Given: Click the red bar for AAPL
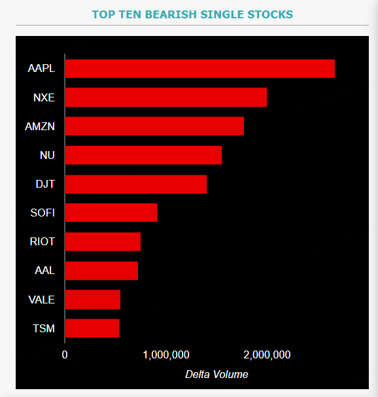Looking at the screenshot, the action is tap(200, 69).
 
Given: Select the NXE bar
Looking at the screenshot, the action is tap(166, 97).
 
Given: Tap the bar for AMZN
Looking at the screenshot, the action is tap(154, 126).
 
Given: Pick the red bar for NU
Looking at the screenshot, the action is tap(144, 155).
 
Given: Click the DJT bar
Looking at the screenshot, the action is tap(136, 184).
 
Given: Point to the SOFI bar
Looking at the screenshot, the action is tap(111, 213).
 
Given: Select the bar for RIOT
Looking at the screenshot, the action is tap(103, 241).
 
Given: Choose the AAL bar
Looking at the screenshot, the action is tap(101, 271).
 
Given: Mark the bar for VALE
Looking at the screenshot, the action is tap(93, 300).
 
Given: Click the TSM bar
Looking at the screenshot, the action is tap(92, 328).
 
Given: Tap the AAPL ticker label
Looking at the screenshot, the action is tap(41, 69).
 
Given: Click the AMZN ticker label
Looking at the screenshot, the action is tap(40, 126).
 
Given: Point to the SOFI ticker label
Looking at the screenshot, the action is tap(43, 213).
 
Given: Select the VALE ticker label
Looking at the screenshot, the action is tap(42, 300).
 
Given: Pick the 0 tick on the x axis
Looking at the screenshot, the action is tap(65, 354).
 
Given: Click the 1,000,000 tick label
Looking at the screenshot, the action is tap(166, 355).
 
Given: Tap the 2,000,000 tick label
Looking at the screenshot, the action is tap(267, 355).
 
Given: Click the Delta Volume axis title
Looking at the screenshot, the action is tap(216, 374).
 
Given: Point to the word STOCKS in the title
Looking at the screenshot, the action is tap(270, 14).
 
